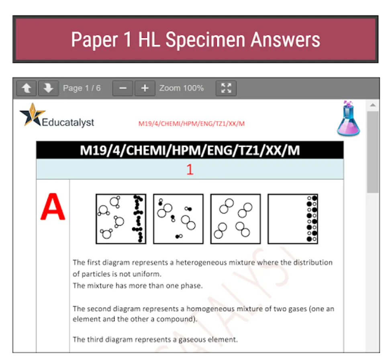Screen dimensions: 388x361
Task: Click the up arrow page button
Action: click(27, 88)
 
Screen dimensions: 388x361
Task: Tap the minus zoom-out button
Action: click(123, 88)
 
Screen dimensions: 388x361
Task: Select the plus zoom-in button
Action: click(145, 88)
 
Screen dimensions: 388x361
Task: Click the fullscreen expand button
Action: click(226, 88)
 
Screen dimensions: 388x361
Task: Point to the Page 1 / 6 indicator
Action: click(82, 88)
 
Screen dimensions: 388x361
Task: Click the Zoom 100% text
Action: click(182, 88)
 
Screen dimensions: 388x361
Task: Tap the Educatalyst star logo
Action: click(32, 115)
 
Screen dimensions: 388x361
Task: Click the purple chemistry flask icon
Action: click(348, 119)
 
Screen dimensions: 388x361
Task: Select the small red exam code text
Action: click(192, 124)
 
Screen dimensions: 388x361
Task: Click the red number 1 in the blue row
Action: click(190, 170)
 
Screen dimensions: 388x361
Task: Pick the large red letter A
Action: click(53, 207)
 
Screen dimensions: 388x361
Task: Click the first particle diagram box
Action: click(121, 219)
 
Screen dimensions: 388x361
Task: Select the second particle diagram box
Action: click(178, 219)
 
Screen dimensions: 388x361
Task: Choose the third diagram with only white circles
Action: click(235, 219)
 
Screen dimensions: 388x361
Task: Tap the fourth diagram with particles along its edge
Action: click(293, 219)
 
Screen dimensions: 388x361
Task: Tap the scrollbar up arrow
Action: click(373, 105)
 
